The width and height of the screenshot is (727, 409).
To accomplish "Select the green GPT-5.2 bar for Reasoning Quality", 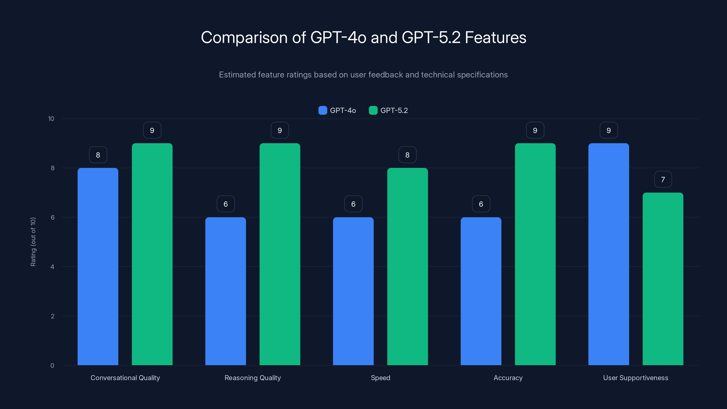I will (x=280, y=254).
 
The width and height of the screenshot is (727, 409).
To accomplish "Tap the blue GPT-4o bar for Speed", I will (x=353, y=291).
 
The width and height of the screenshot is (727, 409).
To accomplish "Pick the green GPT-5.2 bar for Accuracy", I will (x=535, y=254).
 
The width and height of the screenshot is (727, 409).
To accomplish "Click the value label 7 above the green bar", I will (x=663, y=180).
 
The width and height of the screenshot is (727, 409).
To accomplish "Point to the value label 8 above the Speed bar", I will (x=407, y=155).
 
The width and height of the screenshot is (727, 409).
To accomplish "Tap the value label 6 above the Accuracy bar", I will (x=481, y=204).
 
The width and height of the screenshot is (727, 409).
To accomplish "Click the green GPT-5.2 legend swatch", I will (x=373, y=110).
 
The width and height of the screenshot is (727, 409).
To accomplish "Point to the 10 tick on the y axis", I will (x=51, y=119).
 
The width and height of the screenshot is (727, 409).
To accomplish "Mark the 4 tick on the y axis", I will (x=52, y=267).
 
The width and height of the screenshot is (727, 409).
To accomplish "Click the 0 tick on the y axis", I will (x=52, y=366).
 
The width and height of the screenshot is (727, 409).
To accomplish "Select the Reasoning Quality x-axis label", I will (x=253, y=378).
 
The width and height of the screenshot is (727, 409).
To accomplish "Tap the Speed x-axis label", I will (x=381, y=378).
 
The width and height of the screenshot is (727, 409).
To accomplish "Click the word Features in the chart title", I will (x=495, y=37).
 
